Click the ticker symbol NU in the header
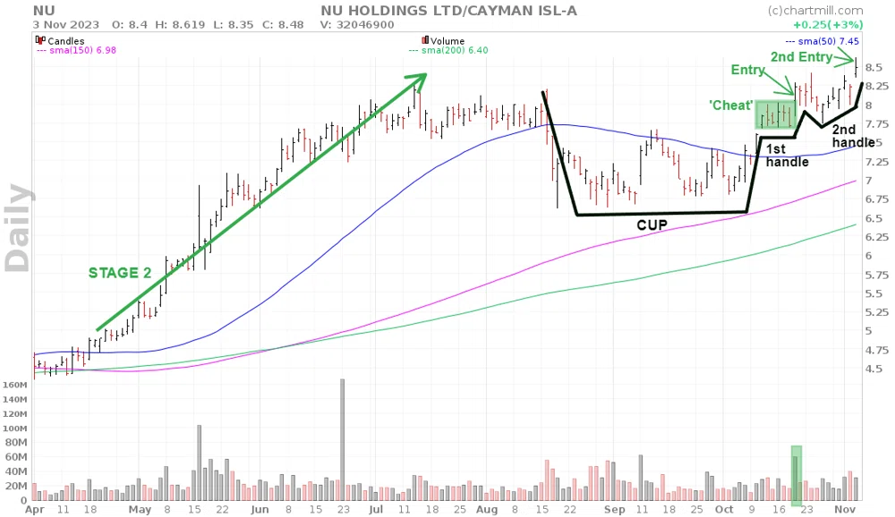click(44, 11)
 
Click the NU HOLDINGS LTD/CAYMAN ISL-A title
click(448, 11)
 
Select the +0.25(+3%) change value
click(828, 25)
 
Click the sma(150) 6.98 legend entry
click(76, 50)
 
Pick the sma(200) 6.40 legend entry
click(448, 50)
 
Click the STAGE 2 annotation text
click(120, 273)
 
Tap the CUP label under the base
click(652, 225)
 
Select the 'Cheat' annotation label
click(730, 106)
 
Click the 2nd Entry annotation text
click(801, 57)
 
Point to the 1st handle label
click(787, 156)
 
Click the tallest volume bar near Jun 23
click(343, 439)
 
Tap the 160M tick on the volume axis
click(15, 386)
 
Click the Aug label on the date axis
click(487, 510)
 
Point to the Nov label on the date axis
click(846, 510)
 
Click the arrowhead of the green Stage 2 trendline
click(419, 80)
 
